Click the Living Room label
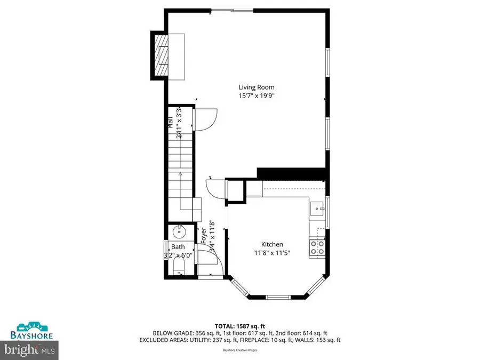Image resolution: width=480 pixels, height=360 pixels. [256, 87]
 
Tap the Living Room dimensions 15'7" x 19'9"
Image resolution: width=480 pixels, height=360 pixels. [256, 96]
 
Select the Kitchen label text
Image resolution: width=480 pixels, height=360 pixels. [272, 244]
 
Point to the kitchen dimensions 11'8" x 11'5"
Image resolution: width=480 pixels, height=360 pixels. [272, 253]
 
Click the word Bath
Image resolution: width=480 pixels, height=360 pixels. [178, 247]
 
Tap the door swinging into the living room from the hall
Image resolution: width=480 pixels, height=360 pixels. [205, 118]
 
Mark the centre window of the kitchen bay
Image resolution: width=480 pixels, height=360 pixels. [277, 297]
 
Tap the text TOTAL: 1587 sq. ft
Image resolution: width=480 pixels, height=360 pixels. [239, 326]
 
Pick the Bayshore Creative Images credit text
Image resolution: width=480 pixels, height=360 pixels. [239, 350]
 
